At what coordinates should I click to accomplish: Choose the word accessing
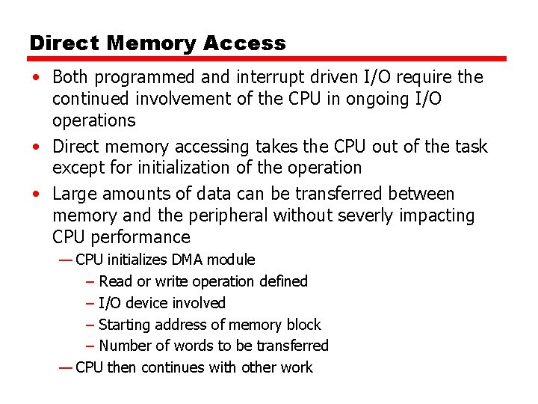click(208, 147)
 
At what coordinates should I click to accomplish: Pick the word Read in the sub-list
click(114, 281)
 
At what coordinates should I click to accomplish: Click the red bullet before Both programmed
click(36, 78)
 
